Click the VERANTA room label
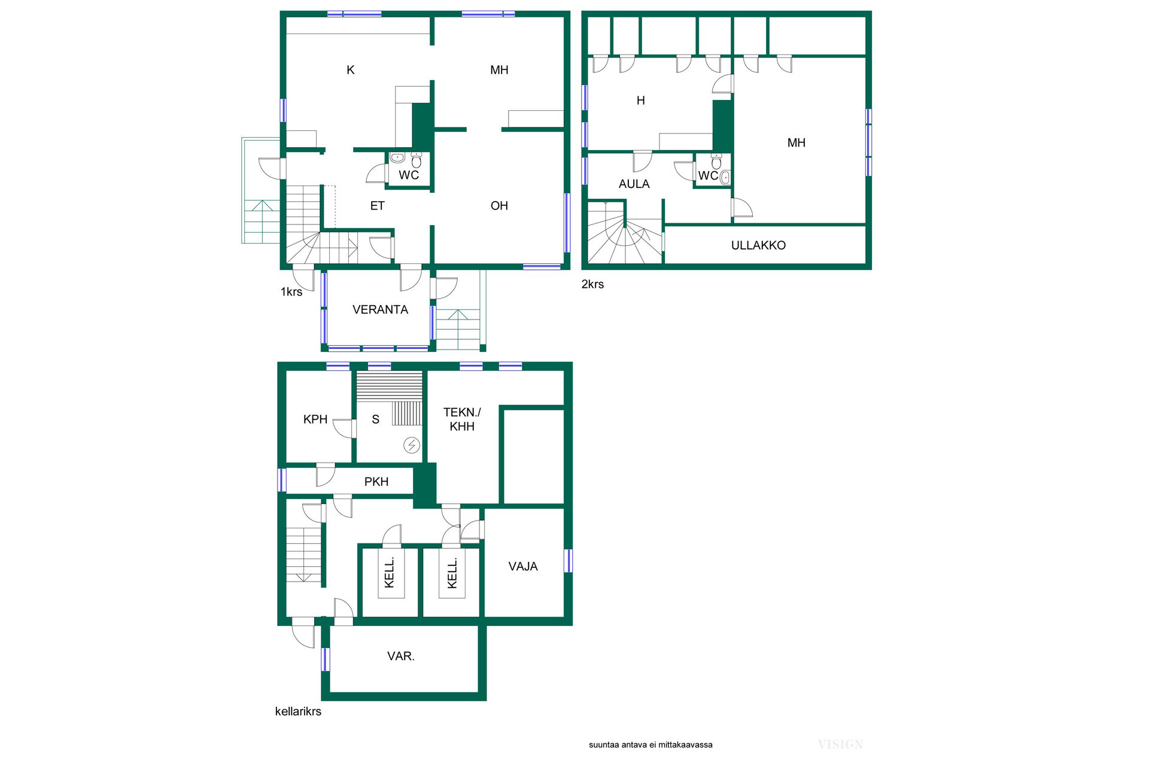380,309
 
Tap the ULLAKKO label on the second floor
758,245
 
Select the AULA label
634,184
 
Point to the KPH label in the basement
315,420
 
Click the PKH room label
376,482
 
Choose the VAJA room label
523,567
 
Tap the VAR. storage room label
401,656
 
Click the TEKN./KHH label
462,420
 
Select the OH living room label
499,206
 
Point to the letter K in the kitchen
351,70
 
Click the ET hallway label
377,206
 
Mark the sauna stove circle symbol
412,445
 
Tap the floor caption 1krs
291,292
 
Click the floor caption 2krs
592,284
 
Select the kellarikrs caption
298,712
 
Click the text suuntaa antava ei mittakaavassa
651,745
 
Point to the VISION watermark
840,744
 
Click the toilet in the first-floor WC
417,160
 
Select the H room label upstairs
641,101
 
